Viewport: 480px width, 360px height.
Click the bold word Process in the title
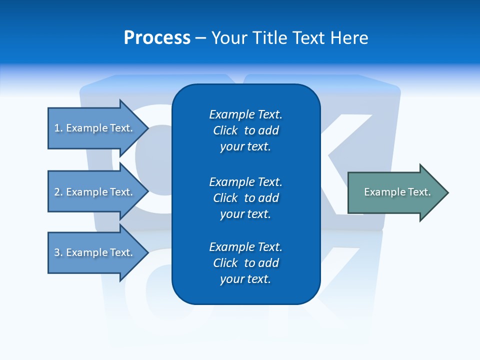(157, 38)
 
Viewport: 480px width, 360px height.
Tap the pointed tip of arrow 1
(147, 128)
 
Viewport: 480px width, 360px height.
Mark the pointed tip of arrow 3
(147, 252)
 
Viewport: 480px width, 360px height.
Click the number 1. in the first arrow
(58, 128)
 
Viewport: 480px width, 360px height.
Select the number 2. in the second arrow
(58, 192)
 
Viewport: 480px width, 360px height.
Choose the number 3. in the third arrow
(58, 252)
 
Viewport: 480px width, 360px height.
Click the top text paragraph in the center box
(245, 130)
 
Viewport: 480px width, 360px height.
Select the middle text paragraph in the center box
(245, 198)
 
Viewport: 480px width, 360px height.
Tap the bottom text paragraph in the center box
(245, 263)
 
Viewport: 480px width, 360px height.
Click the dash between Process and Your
(200, 38)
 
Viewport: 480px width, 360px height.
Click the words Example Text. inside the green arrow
(397, 192)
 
